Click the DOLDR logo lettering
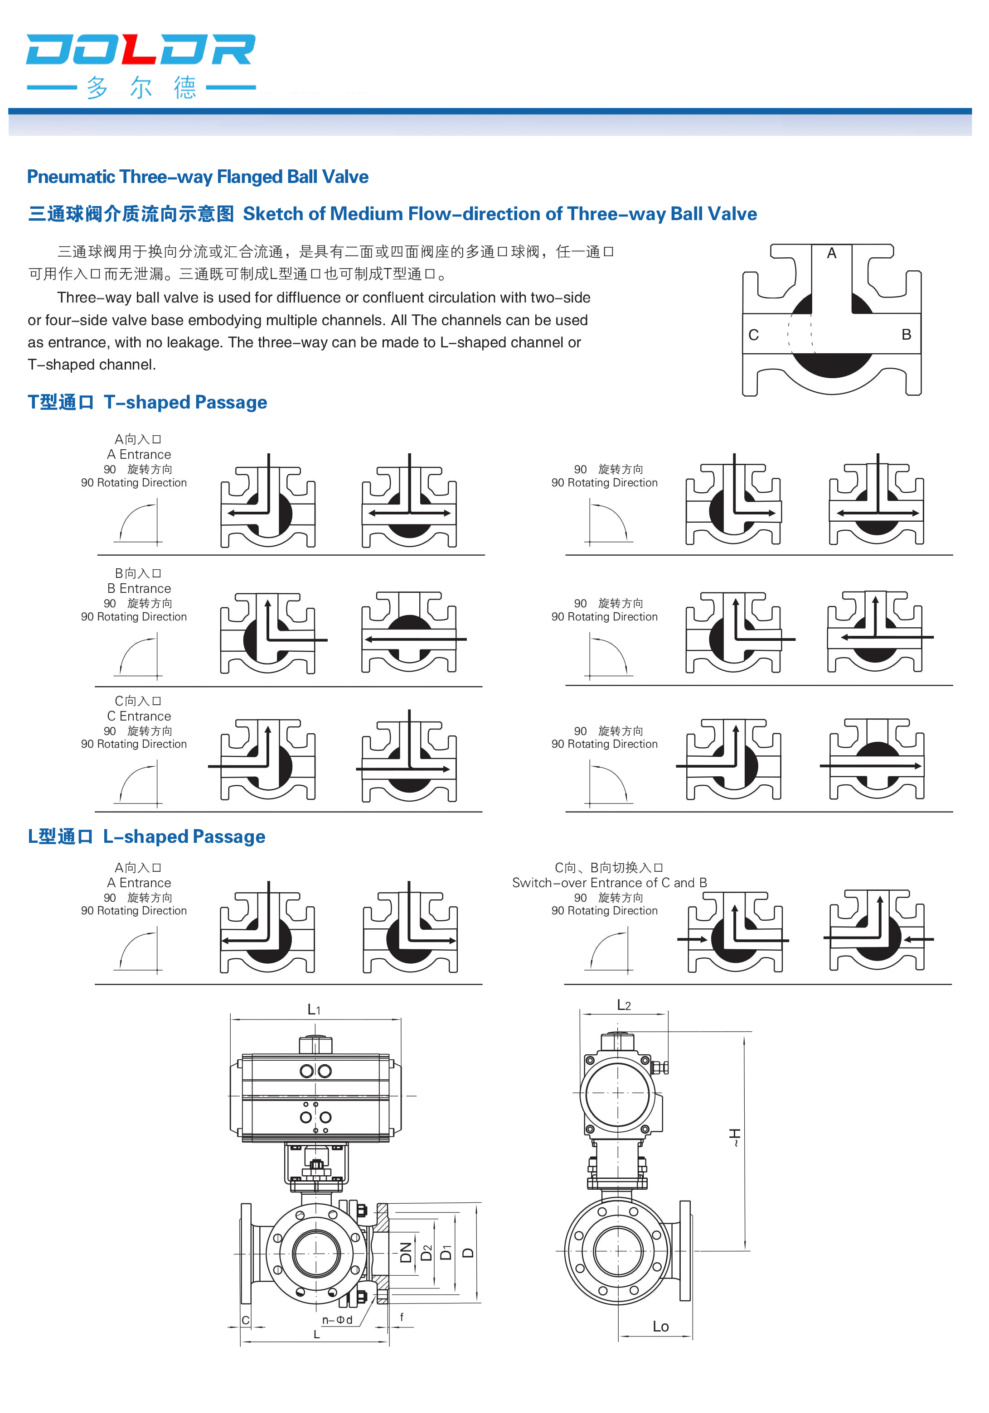pos(141,49)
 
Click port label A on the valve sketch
pos(831,253)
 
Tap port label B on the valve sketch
pos(906,334)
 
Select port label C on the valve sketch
pos(753,335)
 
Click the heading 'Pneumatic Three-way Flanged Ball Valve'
pos(198,177)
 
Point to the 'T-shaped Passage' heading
pos(185,403)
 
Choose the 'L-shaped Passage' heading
pos(184,836)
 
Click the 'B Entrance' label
pos(139,588)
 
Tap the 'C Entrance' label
pos(139,716)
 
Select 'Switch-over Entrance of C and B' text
pos(609,883)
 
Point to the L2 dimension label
pos(624,1005)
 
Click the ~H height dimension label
pos(735,1137)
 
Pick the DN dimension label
pos(406,1252)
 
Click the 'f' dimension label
pos(402,1317)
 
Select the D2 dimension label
pos(426,1252)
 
